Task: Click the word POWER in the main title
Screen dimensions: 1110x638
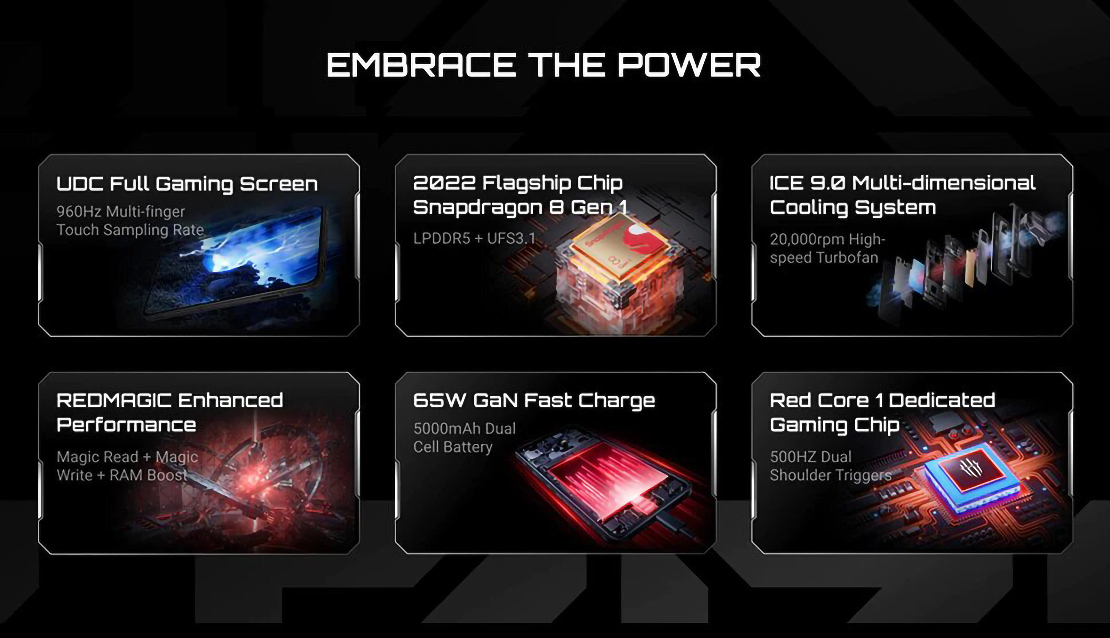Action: coord(689,65)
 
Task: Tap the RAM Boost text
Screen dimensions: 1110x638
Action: coord(148,475)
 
